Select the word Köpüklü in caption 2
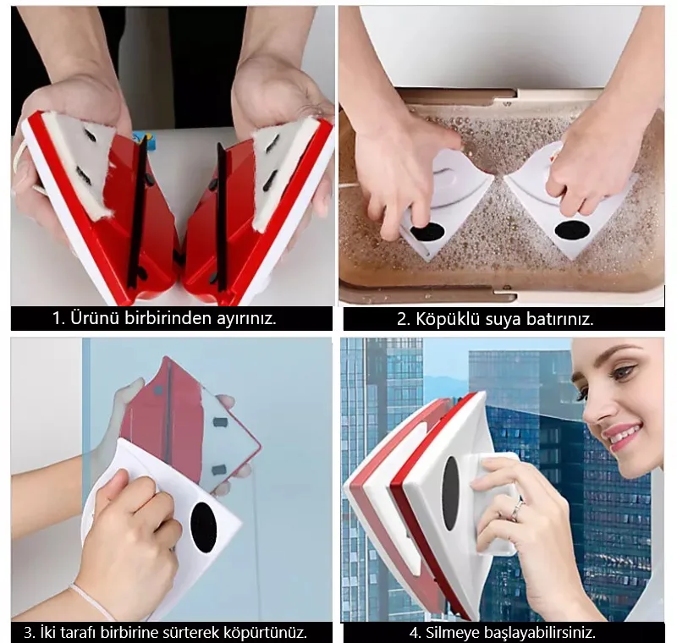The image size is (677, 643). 449,319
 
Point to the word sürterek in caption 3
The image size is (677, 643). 190,633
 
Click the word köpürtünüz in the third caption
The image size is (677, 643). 265,633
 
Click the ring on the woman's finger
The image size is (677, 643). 516,510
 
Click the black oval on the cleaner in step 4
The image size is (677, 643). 450,492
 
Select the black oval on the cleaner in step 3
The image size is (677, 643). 203,527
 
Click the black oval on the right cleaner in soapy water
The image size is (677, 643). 572,230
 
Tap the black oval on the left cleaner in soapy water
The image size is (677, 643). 427,234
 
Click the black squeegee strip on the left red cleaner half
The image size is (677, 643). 136,213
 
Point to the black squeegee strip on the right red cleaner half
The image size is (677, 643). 222,216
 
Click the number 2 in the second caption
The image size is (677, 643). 402,319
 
